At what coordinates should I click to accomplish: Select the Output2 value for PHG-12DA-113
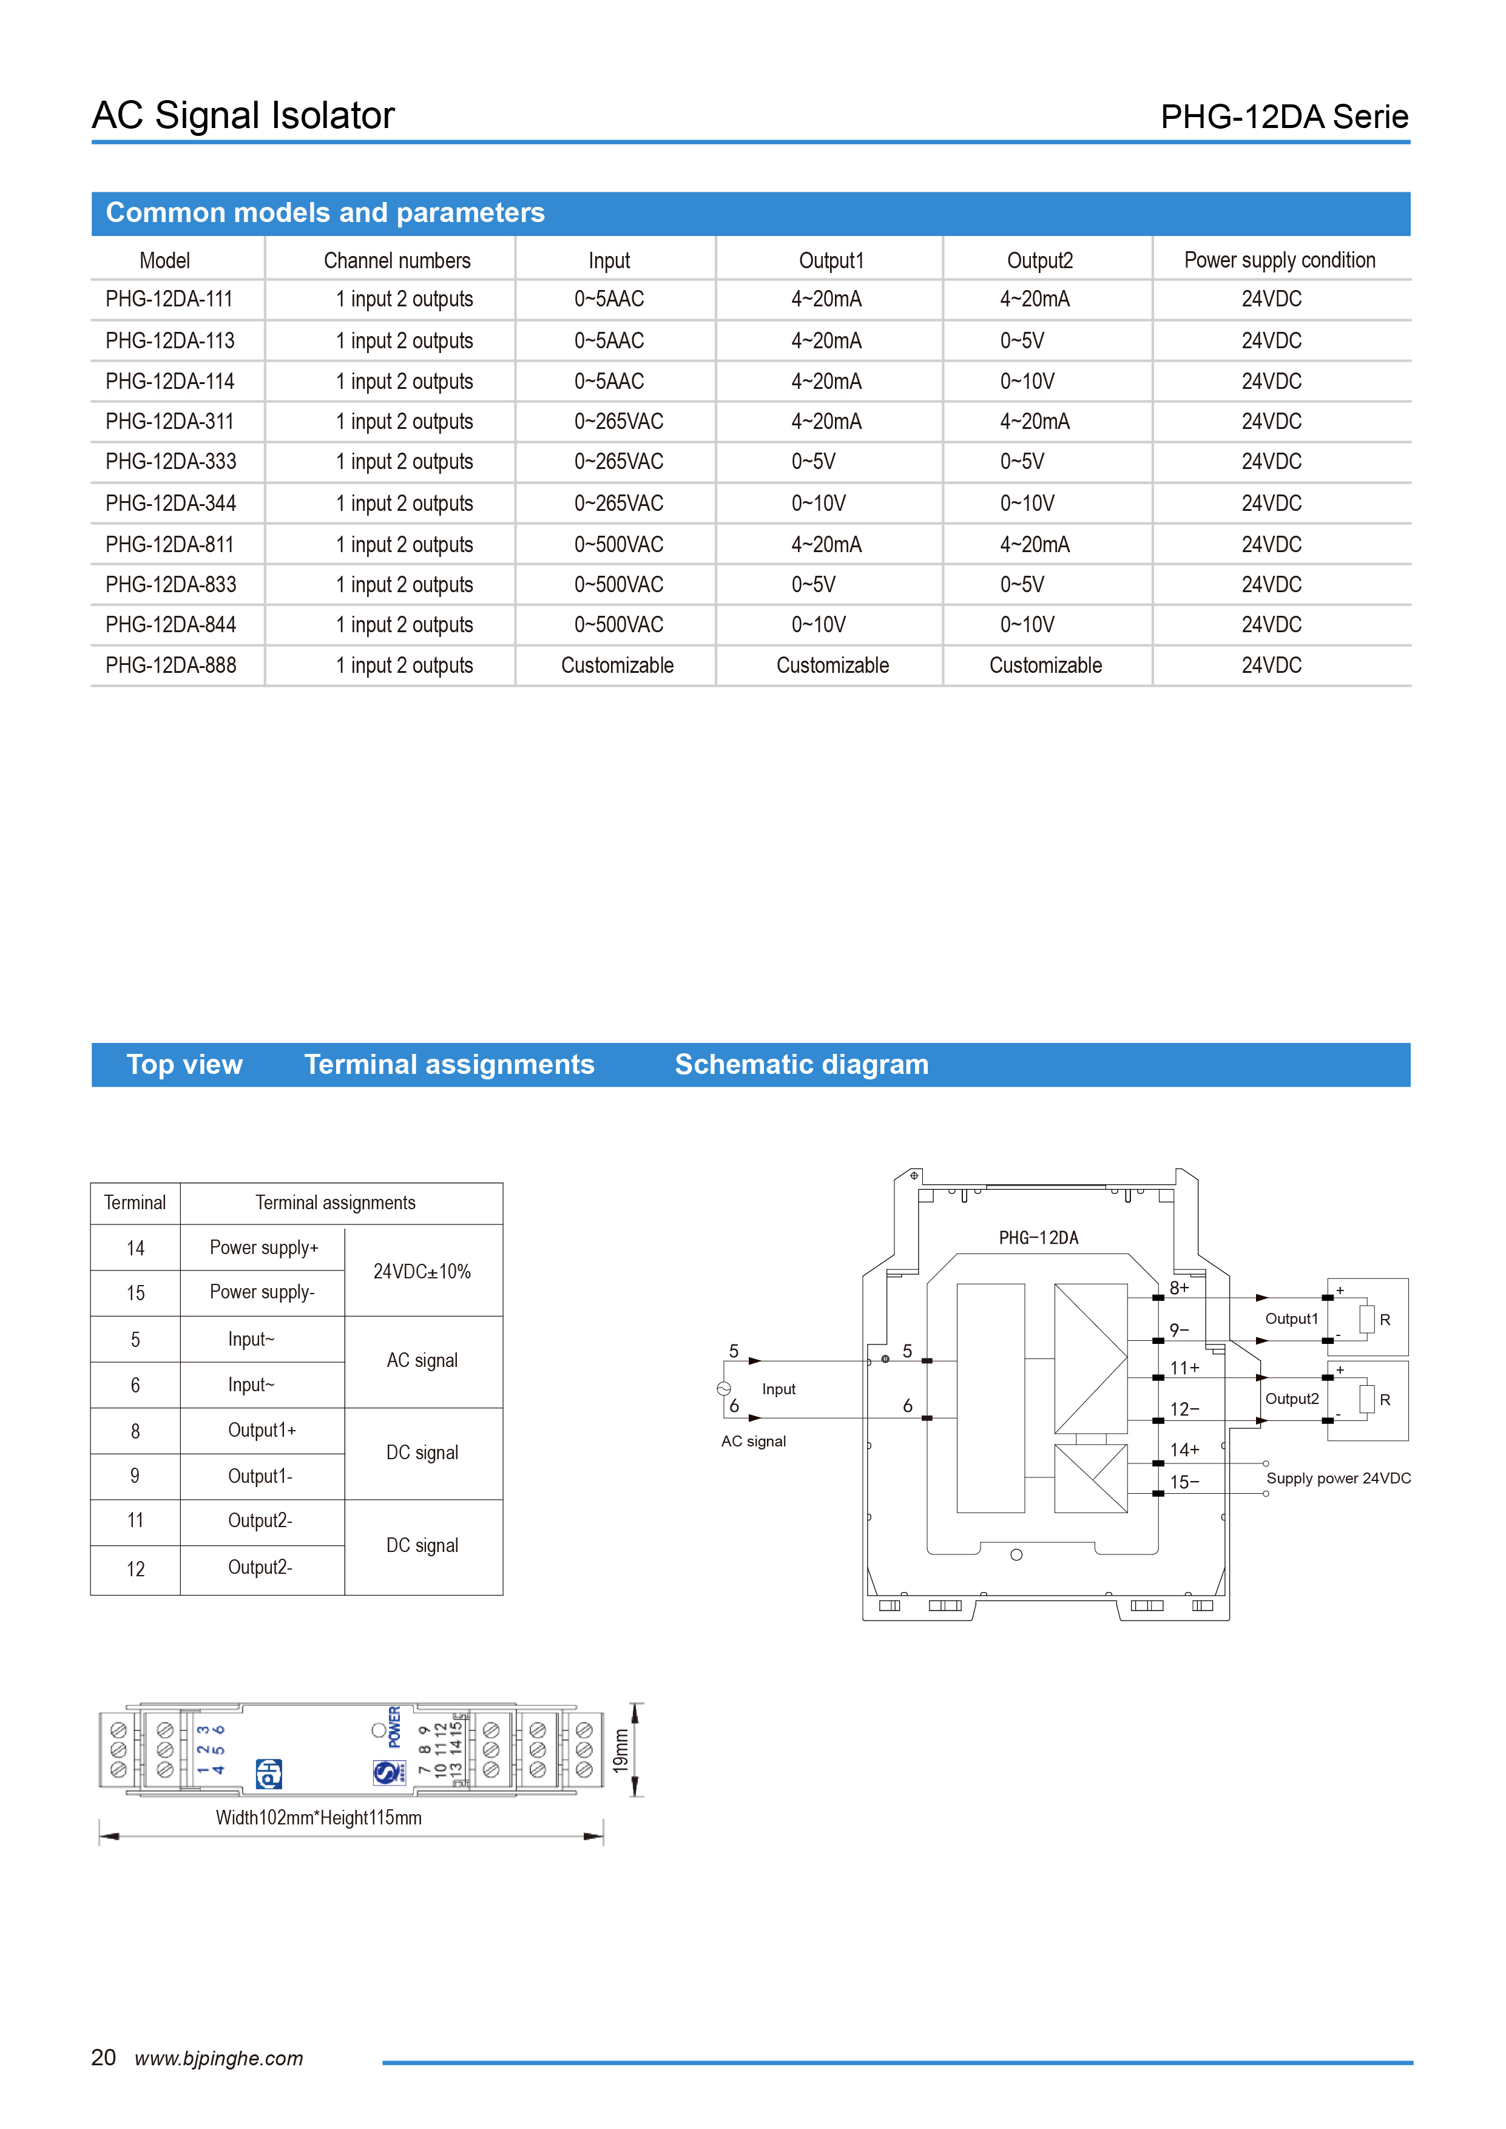1022,341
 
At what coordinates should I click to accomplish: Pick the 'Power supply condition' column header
1280,260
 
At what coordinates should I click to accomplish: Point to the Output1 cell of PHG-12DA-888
832,666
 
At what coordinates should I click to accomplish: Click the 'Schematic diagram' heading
801,1064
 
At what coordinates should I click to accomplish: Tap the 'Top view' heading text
184,1064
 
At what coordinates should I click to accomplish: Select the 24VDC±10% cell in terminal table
422,1271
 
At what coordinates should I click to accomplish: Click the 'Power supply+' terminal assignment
263,1248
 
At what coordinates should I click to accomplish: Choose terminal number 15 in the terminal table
135,1294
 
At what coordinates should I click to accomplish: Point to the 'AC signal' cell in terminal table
422,1360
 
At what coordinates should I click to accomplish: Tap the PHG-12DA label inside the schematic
1039,1238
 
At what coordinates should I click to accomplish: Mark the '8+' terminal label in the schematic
1179,1288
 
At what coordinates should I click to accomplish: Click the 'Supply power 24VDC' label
1338,1478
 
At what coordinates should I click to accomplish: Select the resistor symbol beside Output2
1367,1399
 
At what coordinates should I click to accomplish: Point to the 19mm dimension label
620,1750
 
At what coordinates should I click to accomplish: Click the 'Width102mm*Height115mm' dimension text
318,1817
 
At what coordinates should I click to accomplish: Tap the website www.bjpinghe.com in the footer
219,2059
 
